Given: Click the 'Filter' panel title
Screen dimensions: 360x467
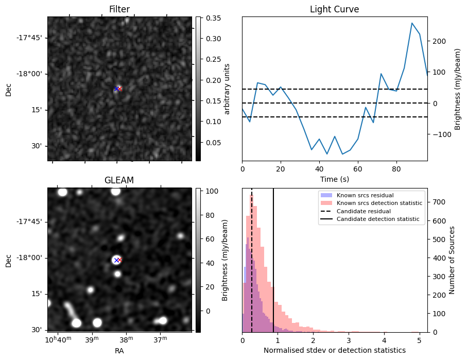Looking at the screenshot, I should pos(119,9).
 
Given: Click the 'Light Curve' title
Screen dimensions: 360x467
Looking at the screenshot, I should pos(334,9).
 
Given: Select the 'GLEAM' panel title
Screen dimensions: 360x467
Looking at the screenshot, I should pos(119,180).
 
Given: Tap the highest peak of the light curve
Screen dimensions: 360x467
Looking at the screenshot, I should pos(412,23).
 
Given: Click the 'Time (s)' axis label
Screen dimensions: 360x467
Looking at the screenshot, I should pos(334,179).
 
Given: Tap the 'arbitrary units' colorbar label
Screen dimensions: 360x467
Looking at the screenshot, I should pos(227,89).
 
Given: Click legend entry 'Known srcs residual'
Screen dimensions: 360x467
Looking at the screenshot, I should pos(365,196).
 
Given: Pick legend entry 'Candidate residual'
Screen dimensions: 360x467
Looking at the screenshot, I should pos(363,212).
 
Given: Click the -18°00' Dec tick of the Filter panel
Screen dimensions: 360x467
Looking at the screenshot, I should pos(32,74).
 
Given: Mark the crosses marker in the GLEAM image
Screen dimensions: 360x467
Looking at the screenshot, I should pos(118,260).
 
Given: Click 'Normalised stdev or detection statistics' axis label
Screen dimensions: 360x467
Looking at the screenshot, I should pos(334,350).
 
